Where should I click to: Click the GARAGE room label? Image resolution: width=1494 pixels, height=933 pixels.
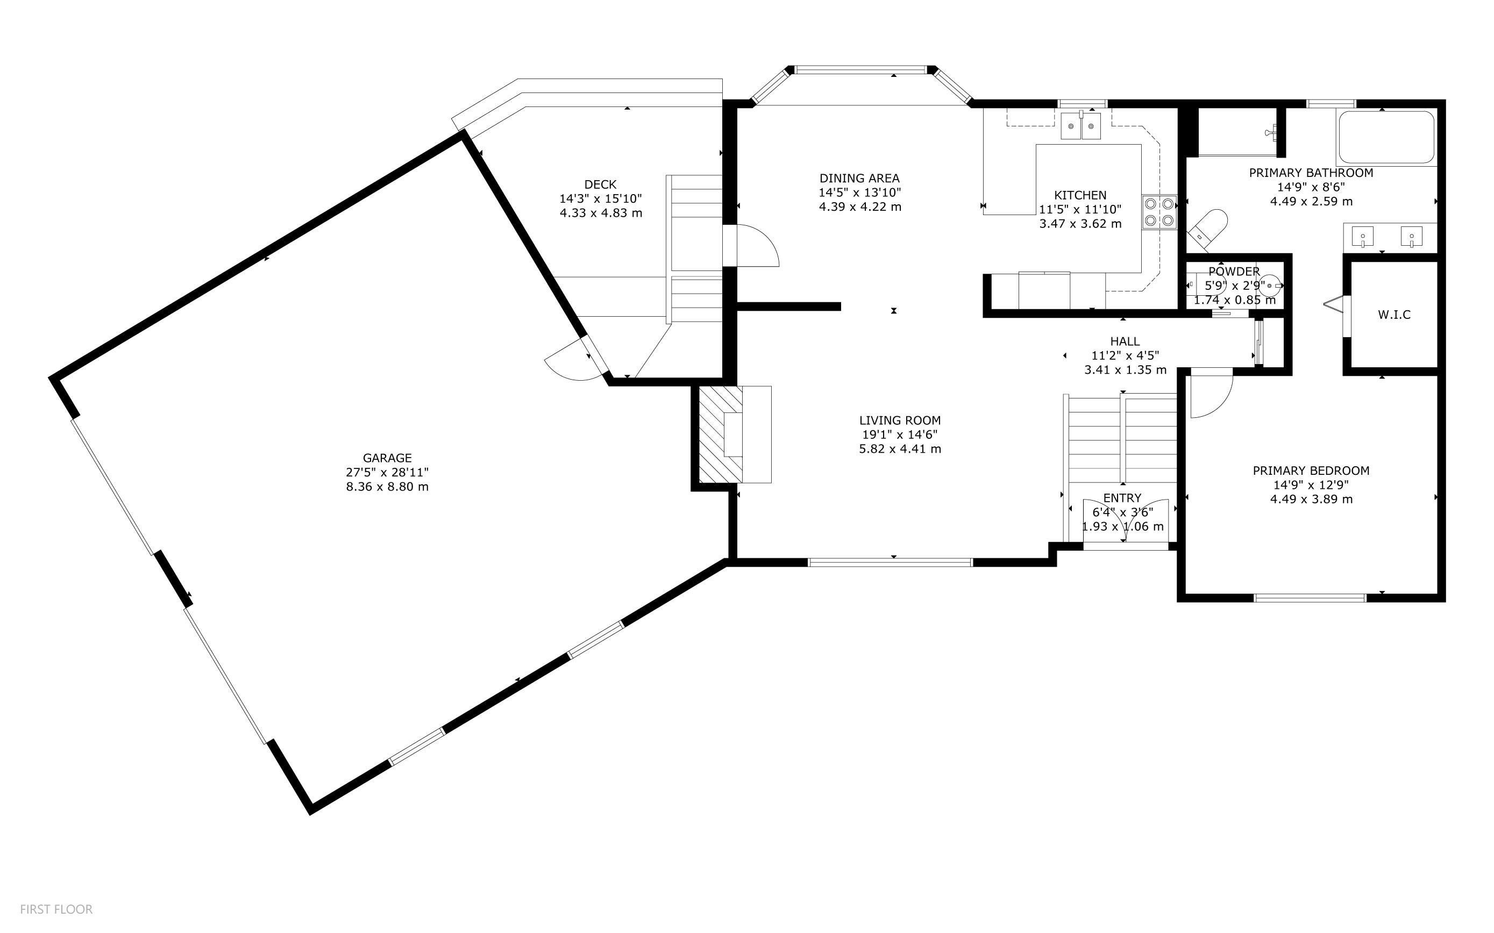[x=387, y=458]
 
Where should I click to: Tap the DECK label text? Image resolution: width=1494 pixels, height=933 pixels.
[x=600, y=184]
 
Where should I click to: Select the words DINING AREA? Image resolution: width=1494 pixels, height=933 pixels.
[x=859, y=179]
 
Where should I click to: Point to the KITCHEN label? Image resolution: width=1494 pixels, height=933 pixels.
[x=1080, y=195]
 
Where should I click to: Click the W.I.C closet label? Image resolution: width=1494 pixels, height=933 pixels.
[x=1394, y=315]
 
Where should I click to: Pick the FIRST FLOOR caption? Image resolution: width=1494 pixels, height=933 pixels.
[x=56, y=909]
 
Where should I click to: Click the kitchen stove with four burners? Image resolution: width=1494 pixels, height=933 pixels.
[x=1159, y=212]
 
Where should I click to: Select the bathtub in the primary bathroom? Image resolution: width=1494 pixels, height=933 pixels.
[x=1386, y=137]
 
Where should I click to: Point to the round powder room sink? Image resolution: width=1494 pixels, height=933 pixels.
[x=1269, y=286]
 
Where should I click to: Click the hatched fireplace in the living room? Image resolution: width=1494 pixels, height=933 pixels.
[x=721, y=435]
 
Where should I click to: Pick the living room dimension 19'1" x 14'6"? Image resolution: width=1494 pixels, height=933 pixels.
[x=900, y=435]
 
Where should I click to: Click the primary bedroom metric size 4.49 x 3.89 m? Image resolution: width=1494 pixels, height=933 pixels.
[x=1311, y=499]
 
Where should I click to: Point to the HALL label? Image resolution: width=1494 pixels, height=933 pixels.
[x=1125, y=341]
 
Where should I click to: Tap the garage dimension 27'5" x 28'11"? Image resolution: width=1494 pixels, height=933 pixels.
[x=387, y=472]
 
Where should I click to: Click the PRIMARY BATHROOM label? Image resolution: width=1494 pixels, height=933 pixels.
[x=1311, y=173]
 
